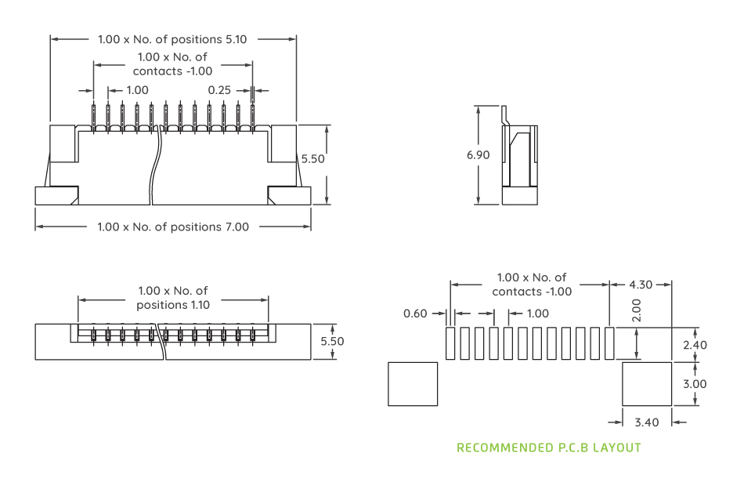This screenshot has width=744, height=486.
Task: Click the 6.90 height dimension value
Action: (478, 155)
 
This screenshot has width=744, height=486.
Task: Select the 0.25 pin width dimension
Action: (219, 90)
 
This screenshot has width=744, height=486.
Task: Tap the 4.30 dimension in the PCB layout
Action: (640, 284)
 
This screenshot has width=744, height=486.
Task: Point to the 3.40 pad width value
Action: (646, 422)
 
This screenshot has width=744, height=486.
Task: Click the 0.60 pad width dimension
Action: (415, 314)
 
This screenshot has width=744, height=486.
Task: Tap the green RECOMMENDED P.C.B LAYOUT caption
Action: (548, 448)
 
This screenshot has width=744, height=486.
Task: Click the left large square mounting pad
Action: (413, 384)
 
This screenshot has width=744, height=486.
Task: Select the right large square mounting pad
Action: (647, 384)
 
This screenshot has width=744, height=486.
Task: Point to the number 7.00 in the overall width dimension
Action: (237, 227)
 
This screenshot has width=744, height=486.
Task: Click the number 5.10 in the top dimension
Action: (237, 38)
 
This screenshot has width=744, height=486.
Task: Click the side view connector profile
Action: (519, 161)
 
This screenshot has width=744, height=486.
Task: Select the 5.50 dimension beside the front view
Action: (312, 158)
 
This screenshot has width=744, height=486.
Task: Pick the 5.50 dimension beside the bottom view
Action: (332, 341)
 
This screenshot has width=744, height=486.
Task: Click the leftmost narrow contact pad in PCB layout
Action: (450, 343)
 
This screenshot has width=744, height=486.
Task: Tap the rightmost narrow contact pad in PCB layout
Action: (609, 343)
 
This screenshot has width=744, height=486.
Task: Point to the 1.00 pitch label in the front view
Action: (137, 90)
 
